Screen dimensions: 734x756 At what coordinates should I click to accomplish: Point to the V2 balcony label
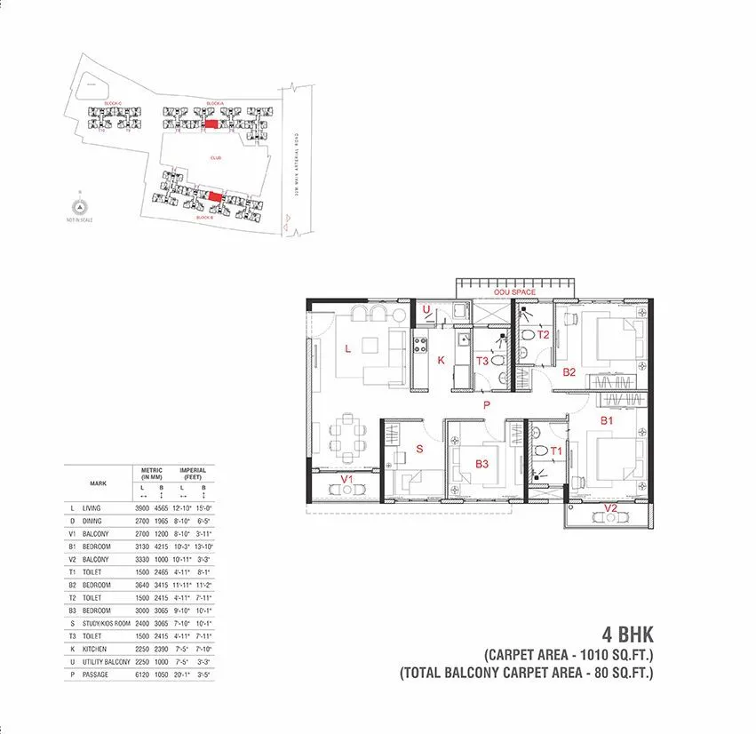pos(610,507)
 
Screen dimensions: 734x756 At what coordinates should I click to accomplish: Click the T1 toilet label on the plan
pos(556,451)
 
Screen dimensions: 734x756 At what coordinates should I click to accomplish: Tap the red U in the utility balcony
pos(426,310)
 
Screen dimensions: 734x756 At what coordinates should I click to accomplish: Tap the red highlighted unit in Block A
pos(211,126)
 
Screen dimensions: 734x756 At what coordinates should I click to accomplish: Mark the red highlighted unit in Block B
pos(215,195)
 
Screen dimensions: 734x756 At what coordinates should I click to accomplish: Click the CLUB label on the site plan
pos(215,157)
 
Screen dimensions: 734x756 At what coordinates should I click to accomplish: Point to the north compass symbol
pos(79,207)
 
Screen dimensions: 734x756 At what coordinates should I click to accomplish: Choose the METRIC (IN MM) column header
pos(148,473)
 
